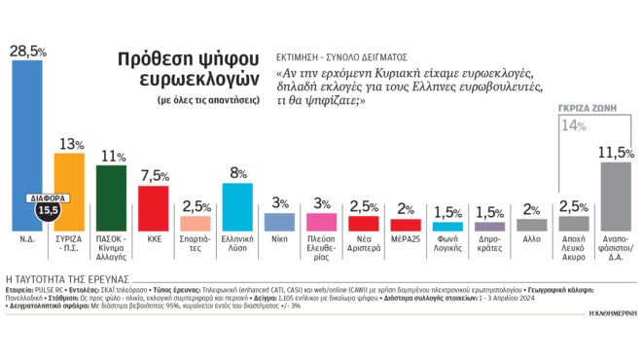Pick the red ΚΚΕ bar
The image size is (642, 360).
coord(155,206)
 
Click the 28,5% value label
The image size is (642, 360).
coord(26,50)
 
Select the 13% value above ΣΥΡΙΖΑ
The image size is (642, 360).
coord(71,144)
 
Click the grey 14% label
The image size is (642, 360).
coord(573,124)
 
